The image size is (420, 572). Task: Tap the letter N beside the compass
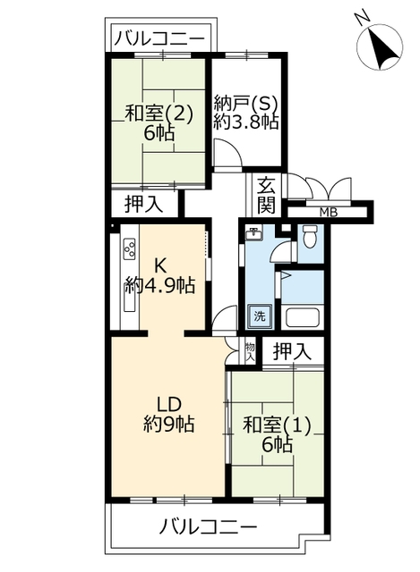pos(363,18)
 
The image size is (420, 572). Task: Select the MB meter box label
pos(329,212)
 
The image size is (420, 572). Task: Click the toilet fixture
pos(310,236)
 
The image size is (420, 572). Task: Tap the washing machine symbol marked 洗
pos(260,315)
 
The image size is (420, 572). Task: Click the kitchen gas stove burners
pos(129,249)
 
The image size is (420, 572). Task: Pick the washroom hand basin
pos(253,234)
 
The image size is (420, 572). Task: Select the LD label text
pos(169,404)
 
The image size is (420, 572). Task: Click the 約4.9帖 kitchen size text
pos(159,285)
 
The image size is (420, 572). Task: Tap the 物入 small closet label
pos(250,352)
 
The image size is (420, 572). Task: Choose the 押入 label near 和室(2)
pos(143,204)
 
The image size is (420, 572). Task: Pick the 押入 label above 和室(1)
pos(293,351)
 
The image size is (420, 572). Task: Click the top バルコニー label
pos(159,38)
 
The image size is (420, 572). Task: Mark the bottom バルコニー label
pos(208,527)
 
